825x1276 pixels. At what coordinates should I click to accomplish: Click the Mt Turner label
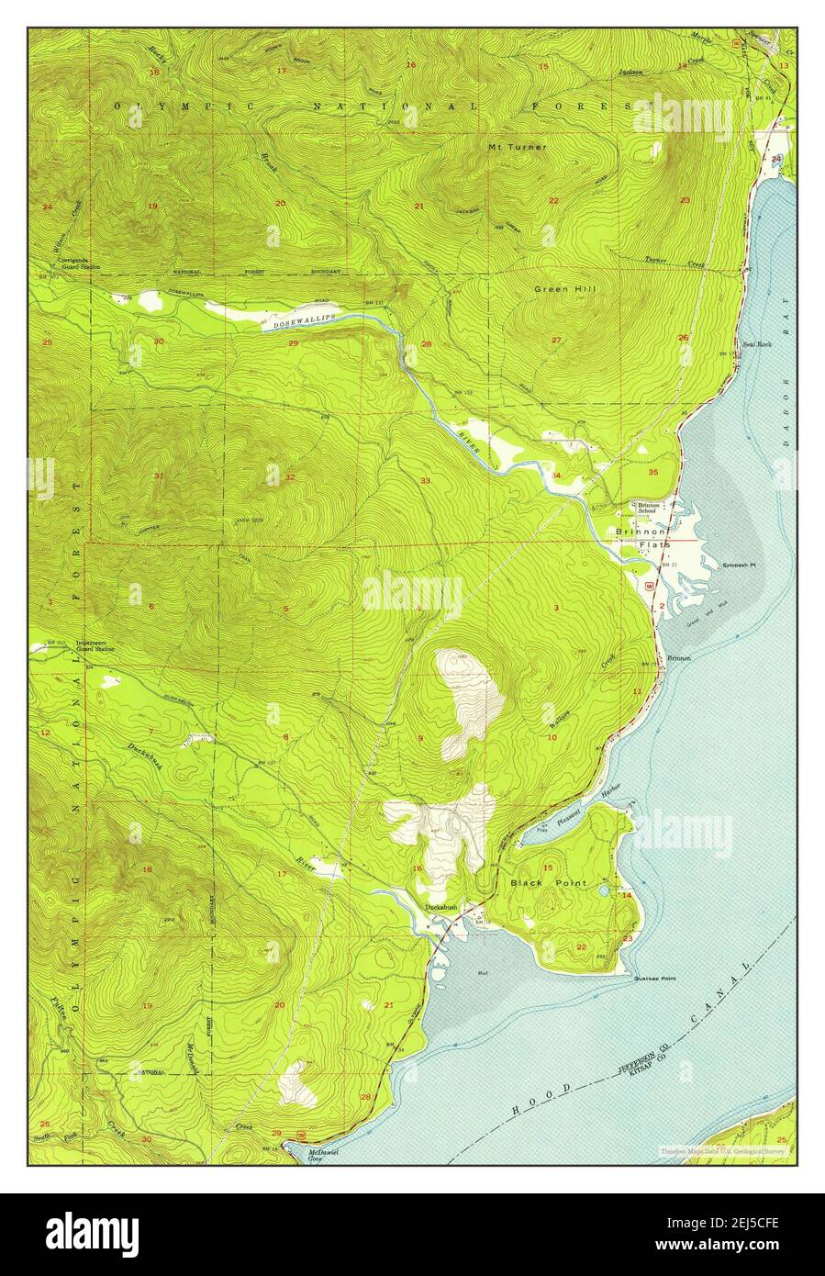[x=517, y=147]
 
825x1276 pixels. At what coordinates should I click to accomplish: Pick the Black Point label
[x=547, y=882]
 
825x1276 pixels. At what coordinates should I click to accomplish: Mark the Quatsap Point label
[x=654, y=979]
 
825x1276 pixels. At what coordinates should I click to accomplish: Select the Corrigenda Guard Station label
[x=80, y=263]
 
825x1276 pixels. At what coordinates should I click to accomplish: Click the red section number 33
[x=425, y=481]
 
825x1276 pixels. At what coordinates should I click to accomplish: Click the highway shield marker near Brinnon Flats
[x=650, y=584]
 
